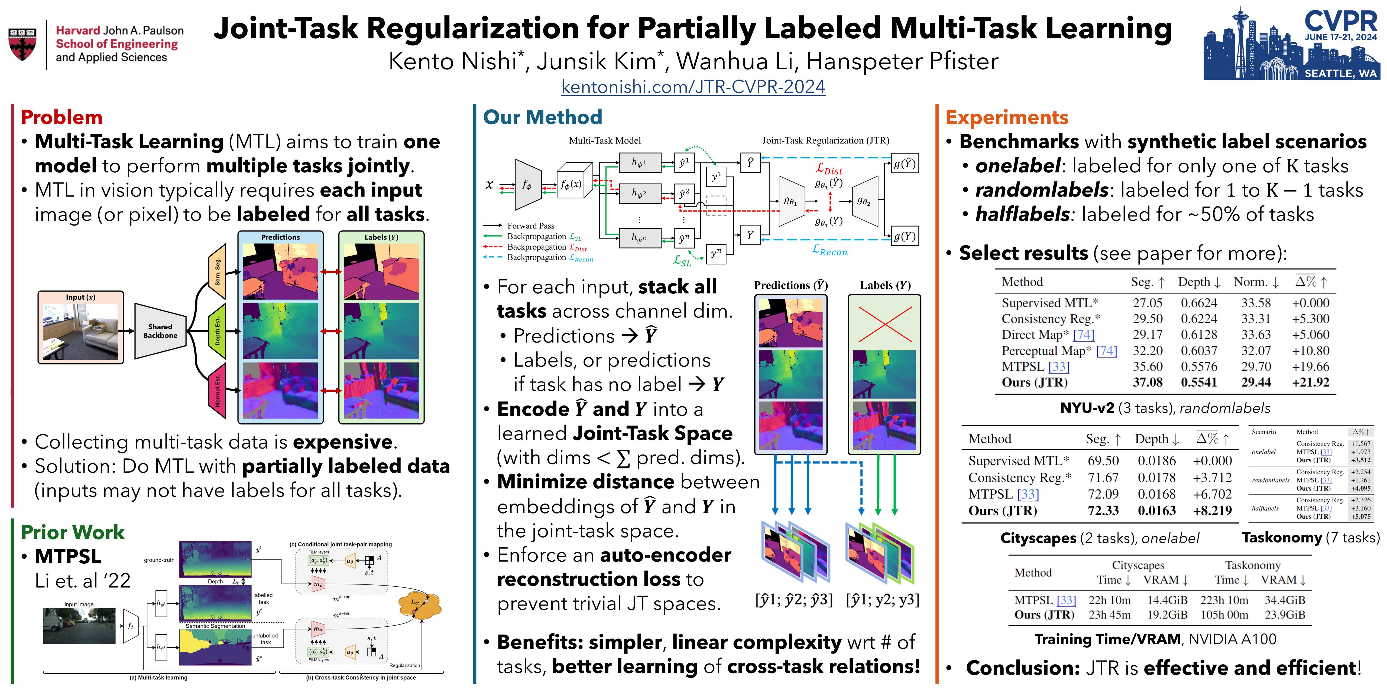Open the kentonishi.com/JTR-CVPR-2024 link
click(693, 87)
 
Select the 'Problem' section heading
click(61, 117)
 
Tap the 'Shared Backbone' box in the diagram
click(160, 331)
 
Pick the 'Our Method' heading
click(542, 117)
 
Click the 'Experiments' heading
click(1006, 117)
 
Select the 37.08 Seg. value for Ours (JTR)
click(1148, 383)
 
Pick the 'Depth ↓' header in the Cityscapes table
click(1156, 439)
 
